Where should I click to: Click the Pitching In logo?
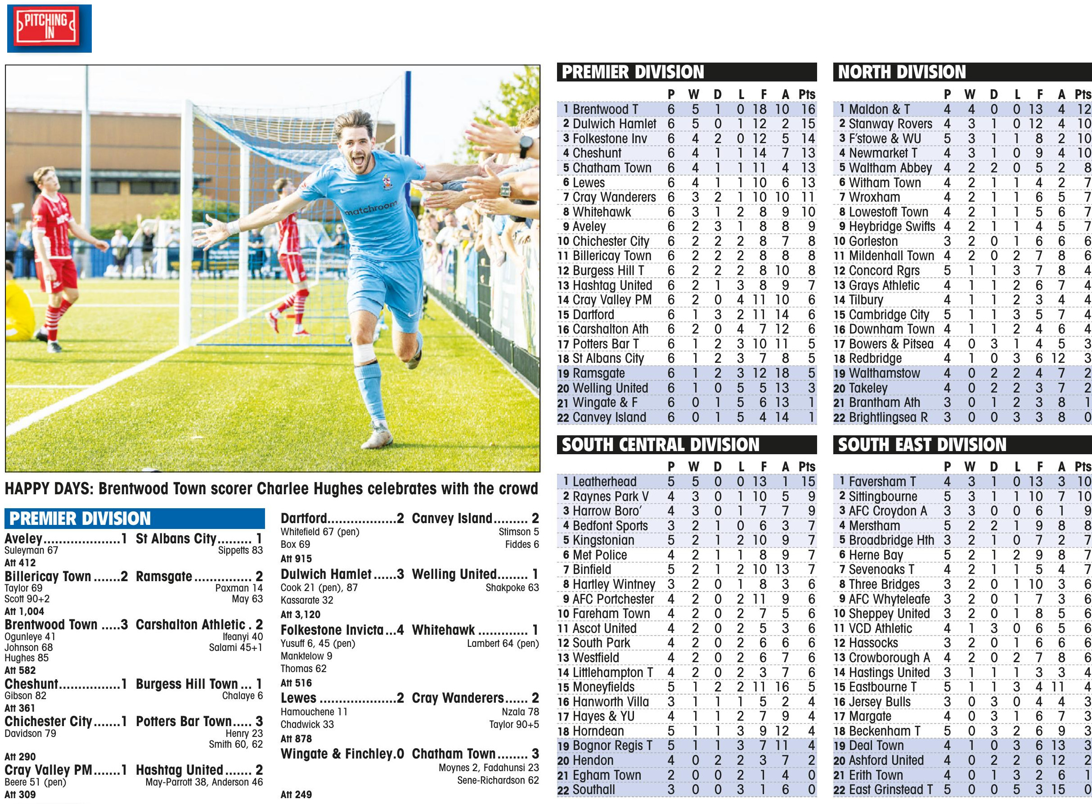click(x=49, y=28)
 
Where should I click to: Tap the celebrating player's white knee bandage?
click(x=364, y=353)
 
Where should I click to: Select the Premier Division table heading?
click(x=632, y=72)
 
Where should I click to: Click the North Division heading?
click(x=901, y=72)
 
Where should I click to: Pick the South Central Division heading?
click(x=660, y=445)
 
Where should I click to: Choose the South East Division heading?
click(x=922, y=445)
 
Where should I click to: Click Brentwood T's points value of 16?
click(x=808, y=109)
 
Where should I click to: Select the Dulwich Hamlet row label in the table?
click(x=614, y=124)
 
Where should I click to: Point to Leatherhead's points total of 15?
click(x=808, y=482)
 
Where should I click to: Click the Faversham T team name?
click(x=882, y=482)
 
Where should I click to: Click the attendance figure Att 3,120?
click(x=300, y=614)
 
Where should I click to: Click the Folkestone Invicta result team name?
click(x=332, y=630)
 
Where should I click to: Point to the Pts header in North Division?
click(x=1083, y=95)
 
